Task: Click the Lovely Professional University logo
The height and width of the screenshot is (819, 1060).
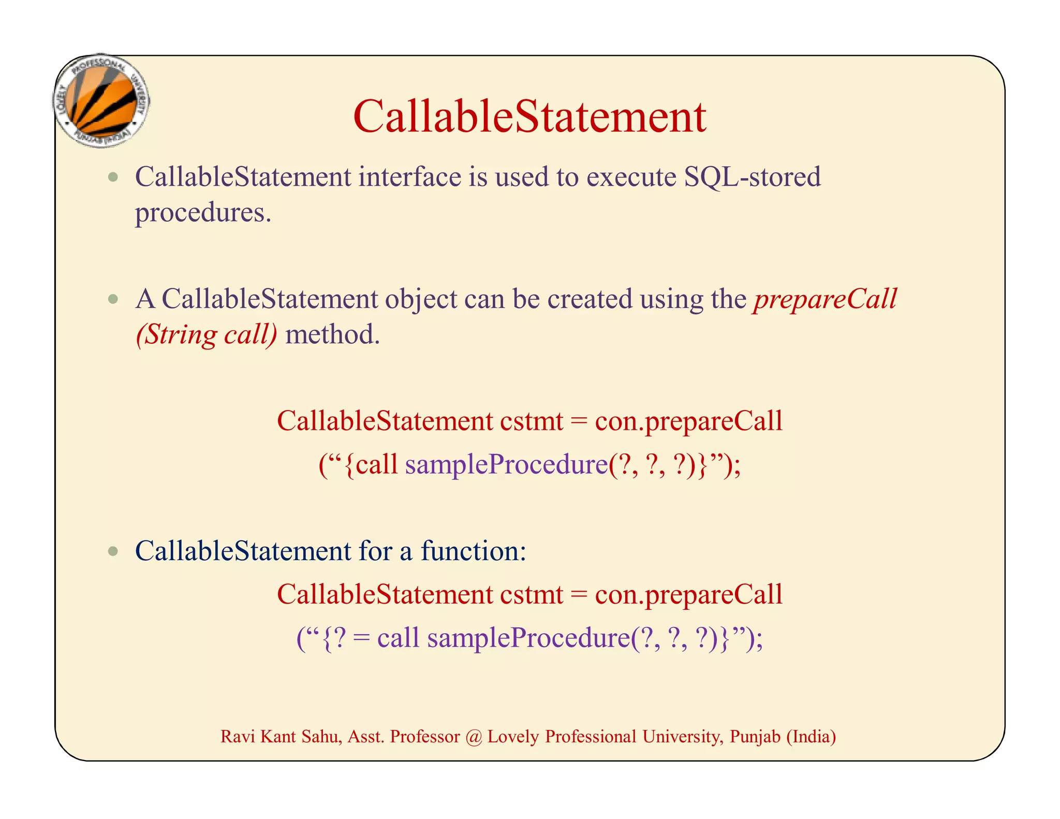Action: point(101,101)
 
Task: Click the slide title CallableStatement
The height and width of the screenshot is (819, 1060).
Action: point(529,117)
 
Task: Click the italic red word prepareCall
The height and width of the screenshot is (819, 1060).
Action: point(825,299)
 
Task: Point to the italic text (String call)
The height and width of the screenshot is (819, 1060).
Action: point(207,334)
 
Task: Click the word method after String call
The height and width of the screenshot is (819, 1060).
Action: point(332,334)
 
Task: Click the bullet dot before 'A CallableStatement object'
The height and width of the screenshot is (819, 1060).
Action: point(113,299)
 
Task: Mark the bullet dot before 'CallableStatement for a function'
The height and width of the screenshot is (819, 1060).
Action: point(113,551)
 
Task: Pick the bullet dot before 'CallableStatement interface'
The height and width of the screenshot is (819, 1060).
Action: point(113,178)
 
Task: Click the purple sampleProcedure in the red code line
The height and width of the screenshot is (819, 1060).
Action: point(506,464)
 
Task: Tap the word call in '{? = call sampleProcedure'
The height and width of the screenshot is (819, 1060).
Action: point(397,637)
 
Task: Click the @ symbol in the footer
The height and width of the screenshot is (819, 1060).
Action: point(473,736)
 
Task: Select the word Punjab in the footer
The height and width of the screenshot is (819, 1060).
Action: point(755,736)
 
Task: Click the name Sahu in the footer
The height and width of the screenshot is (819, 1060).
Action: point(321,736)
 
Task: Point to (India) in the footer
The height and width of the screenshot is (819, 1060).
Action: point(811,736)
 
